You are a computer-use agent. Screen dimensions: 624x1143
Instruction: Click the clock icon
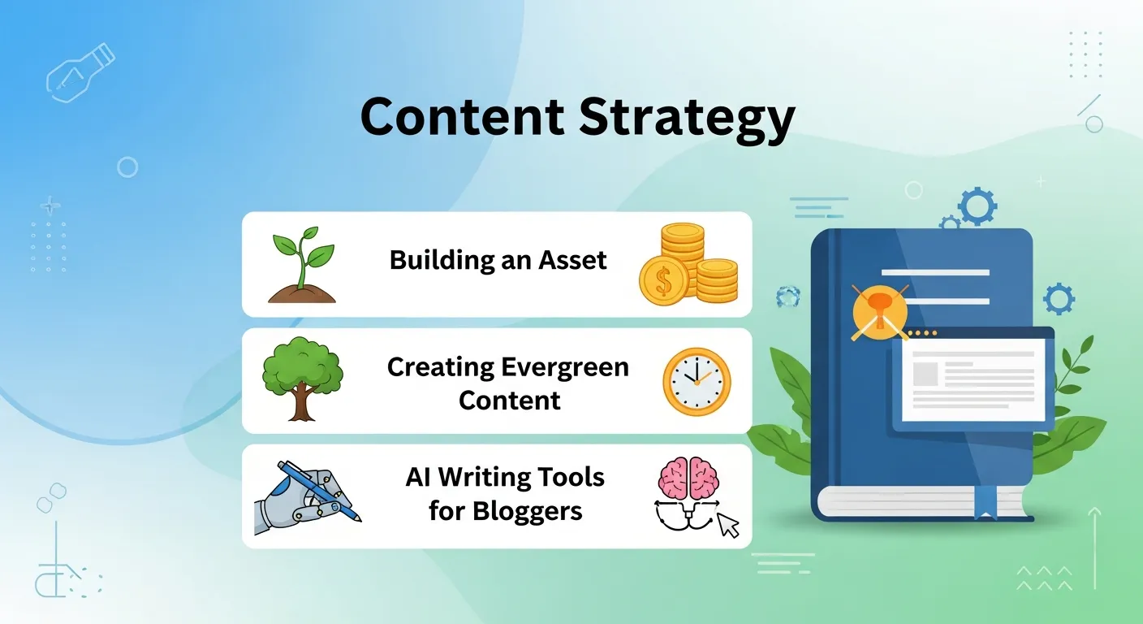697,382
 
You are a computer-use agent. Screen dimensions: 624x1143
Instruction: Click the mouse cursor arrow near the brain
729,526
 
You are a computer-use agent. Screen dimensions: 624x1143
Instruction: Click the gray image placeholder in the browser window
925,374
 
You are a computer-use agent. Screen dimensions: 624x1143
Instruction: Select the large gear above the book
977,206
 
